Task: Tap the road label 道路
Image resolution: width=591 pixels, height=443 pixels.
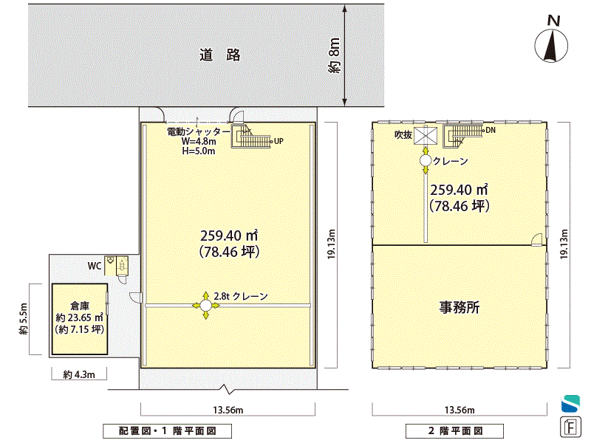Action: click(219, 55)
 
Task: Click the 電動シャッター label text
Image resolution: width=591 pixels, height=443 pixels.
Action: click(198, 132)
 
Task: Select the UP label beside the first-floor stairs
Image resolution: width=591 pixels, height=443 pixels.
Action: click(279, 141)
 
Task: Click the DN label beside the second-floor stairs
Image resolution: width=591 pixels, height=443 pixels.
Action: click(491, 131)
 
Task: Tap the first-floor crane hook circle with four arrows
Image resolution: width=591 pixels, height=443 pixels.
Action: click(205, 306)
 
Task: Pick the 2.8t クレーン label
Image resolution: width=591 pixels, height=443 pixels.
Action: click(241, 296)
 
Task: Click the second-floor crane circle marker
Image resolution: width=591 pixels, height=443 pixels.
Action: click(426, 161)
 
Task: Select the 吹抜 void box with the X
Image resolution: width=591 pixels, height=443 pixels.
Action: click(426, 136)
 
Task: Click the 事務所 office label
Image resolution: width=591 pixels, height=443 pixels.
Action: click(459, 307)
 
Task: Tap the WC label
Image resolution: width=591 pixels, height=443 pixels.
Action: click(95, 266)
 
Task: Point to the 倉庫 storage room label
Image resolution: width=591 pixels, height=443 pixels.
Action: click(80, 306)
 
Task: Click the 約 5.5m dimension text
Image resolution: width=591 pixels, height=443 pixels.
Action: click(24, 319)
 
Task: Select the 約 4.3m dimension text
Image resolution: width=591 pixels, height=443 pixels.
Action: click(79, 374)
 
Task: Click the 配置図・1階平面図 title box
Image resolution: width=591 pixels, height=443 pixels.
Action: click(168, 431)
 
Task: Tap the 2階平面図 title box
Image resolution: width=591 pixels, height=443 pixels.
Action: click(454, 431)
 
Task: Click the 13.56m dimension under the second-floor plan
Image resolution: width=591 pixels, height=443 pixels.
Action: click(460, 410)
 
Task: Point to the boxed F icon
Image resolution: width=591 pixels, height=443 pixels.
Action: click(570, 427)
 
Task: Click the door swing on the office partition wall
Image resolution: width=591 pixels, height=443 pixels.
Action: click(536, 239)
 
